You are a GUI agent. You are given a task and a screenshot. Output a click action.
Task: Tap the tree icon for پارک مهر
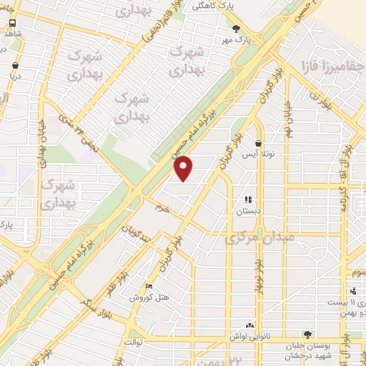point(237,29)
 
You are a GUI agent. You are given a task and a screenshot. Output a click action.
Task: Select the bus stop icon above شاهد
point(13,22)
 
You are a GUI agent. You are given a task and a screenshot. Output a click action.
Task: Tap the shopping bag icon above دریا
point(15,65)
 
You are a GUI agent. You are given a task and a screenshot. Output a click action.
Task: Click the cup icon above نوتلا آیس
point(257,144)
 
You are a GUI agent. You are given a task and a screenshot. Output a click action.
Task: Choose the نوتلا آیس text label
point(257,154)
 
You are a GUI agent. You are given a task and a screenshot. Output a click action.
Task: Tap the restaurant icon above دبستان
point(248,201)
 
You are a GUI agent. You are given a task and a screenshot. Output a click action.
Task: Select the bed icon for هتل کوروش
point(149,286)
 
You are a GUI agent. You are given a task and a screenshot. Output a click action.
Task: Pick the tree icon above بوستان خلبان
point(307,334)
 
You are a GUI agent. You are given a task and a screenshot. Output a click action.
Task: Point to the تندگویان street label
point(135,236)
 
